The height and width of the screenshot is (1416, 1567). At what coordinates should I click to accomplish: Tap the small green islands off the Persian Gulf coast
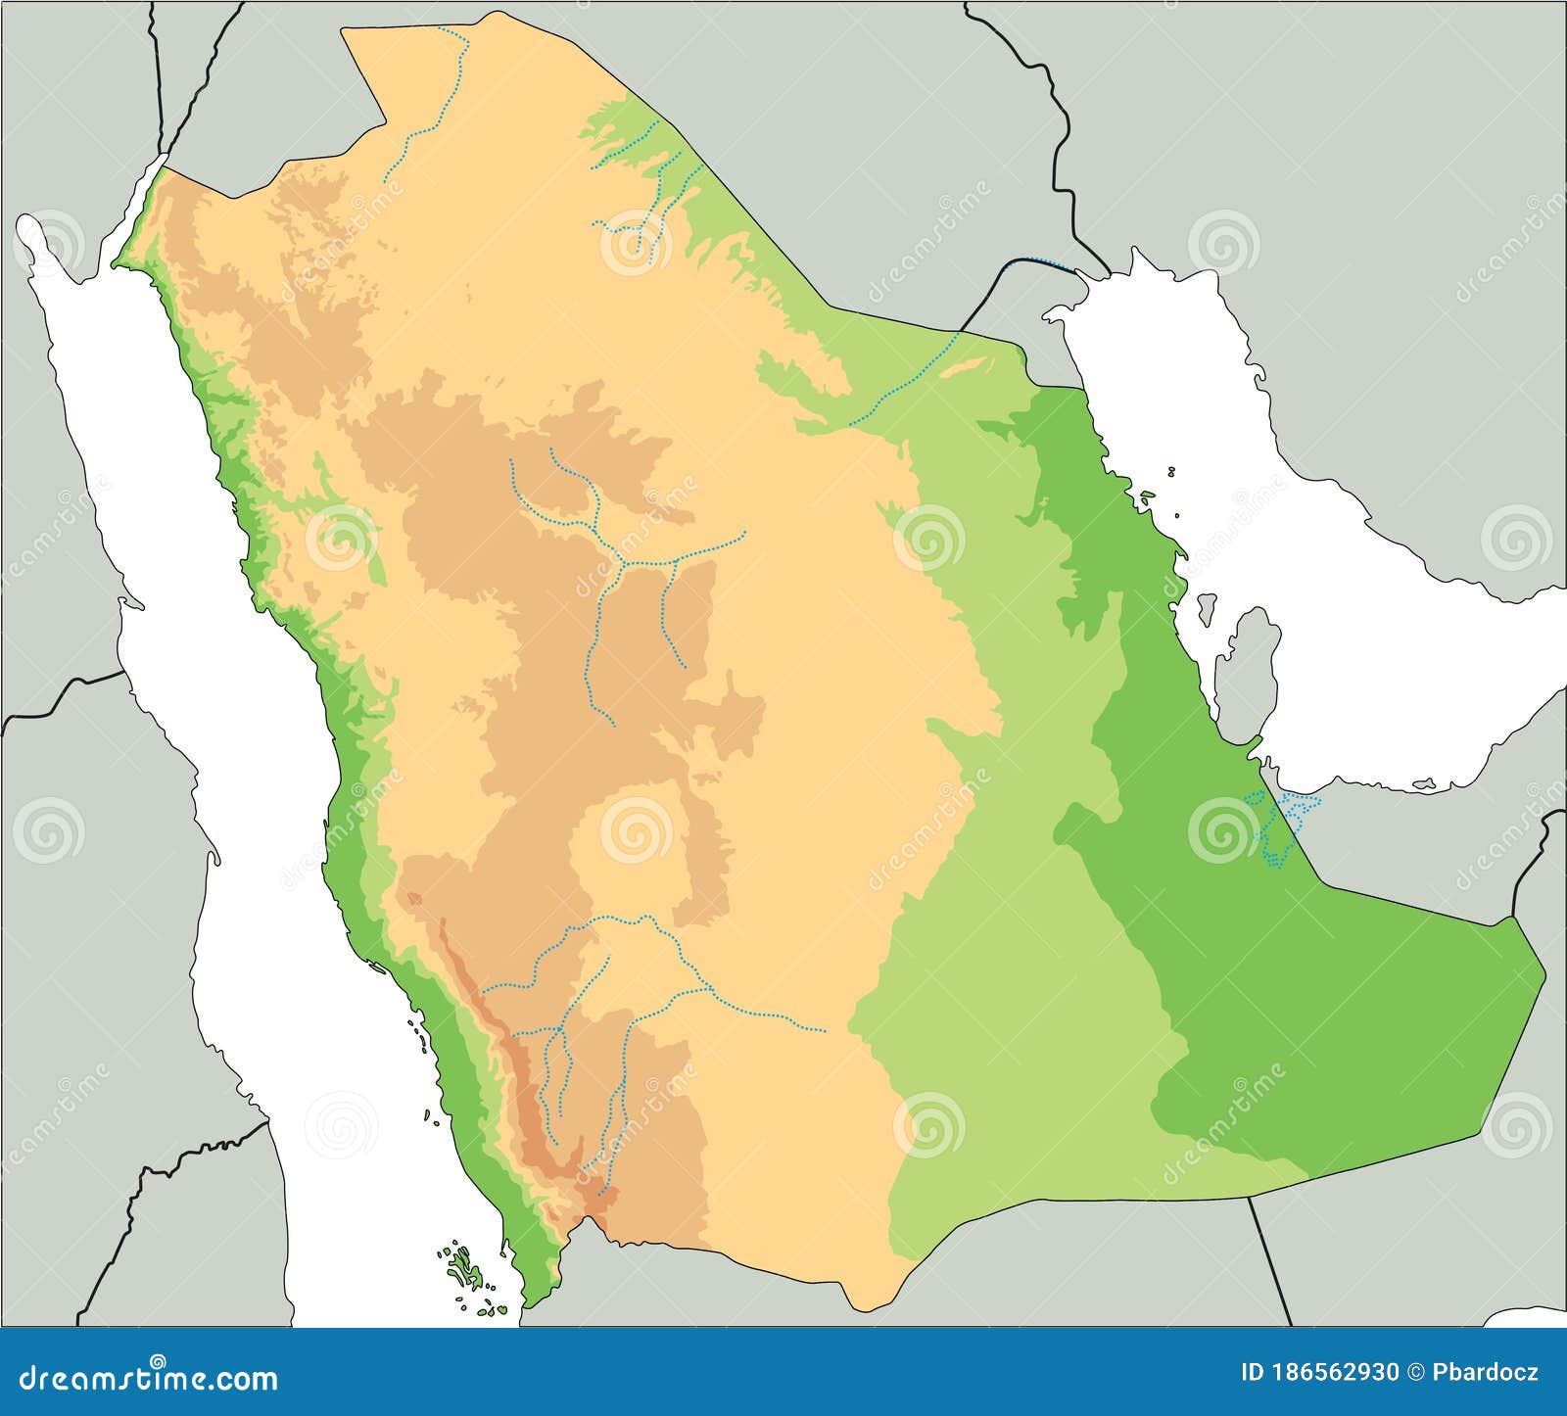(1146, 499)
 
